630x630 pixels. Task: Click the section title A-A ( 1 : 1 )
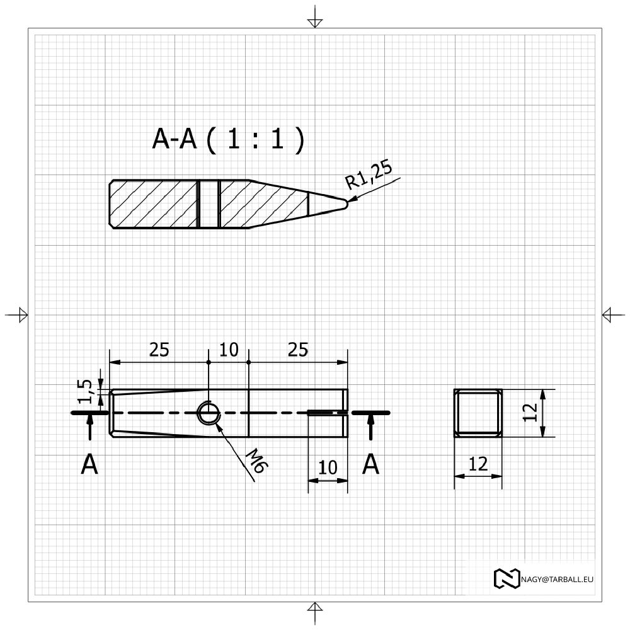pos(228,139)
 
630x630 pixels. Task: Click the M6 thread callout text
pos(257,461)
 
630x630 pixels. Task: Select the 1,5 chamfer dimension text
pos(85,391)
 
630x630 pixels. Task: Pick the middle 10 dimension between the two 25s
pos(229,350)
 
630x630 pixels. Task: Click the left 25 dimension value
pos(159,350)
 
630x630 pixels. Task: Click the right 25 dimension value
pos(298,350)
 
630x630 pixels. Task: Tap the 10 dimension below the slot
pos(328,467)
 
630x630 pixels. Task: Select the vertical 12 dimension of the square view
pos(530,412)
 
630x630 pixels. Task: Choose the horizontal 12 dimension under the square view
pos(478,464)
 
